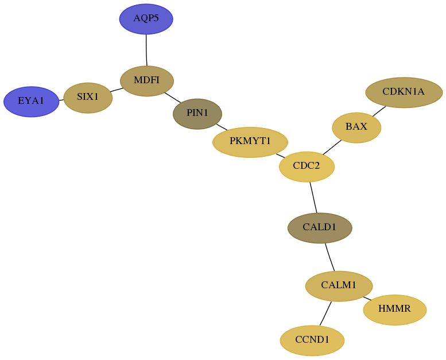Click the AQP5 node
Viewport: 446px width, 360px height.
(146, 19)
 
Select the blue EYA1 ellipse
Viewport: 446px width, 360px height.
(32, 102)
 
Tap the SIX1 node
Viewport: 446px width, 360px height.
(88, 98)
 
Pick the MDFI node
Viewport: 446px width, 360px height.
(147, 81)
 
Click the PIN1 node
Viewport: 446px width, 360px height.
(197, 114)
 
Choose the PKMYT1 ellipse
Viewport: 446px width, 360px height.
(250, 142)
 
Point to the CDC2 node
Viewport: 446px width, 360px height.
(307, 167)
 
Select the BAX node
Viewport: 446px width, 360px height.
(356, 127)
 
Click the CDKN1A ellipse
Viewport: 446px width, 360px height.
(404, 92)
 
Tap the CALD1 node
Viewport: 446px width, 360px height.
(320, 228)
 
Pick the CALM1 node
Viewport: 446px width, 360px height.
(339, 286)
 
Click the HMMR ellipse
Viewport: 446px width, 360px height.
(395, 309)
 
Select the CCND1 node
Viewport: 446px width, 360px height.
(312, 340)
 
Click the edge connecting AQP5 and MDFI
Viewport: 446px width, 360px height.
(146, 50)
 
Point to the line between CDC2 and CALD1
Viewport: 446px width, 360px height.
(313, 197)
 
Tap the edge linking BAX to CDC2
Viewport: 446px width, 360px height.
(332, 147)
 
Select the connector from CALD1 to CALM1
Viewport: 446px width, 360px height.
(329, 257)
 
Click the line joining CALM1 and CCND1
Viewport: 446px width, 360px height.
(325, 313)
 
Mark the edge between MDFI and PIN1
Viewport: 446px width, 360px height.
(173, 98)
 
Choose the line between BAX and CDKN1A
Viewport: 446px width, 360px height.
(379, 111)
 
